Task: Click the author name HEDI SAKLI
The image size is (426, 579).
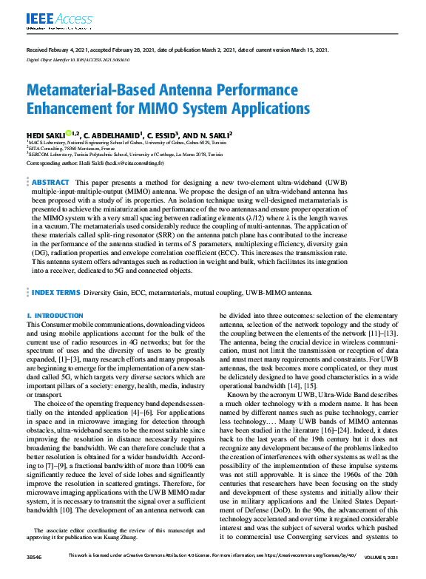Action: click(x=44, y=135)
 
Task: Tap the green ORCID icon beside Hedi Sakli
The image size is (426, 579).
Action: click(x=68, y=134)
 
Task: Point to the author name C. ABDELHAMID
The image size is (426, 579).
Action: click(x=113, y=135)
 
